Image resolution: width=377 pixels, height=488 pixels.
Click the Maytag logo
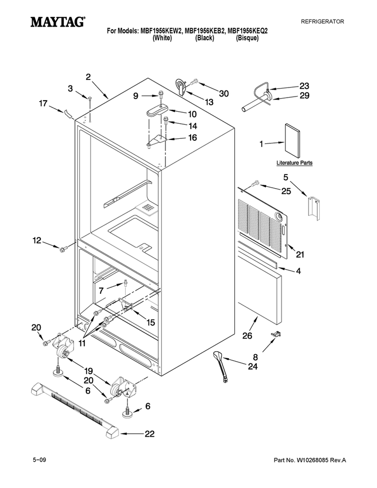pyautogui.click(x=58, y=22)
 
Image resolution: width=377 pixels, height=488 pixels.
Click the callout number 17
pyautogui.click(x=43, y=103)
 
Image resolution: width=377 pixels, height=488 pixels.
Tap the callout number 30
pyautogui.click(x=224, y=94)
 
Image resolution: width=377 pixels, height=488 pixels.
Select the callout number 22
pyautogui.click(x=150, y=434)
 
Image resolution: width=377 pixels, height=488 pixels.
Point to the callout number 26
pyautogui.click(x=247, y=336)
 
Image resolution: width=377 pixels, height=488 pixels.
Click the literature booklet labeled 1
pyautogui.click(x=293, y=141)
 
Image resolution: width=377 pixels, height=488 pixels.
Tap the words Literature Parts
pyautogui.click(x=294, y=163)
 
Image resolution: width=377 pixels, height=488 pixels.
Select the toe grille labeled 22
pyautogui.click(x=75, y=412)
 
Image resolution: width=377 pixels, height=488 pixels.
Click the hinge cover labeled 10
pyautogui.click(x=157, y=111)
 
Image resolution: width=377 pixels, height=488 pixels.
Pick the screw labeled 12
pyautogui.click(x=64, y=249)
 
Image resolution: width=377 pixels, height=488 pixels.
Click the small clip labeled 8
pyautogui.click(x=276, y=334)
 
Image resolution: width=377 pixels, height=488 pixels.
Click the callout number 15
pyautogui.click(x=151, y=323)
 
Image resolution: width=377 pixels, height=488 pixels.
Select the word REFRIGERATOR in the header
pyautogui.click(x=322, y=22)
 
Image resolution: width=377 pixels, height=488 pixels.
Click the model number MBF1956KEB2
pyautogui.click(x=205, y=31)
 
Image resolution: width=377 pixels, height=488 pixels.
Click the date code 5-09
pyautogui.click(x=40, y=460)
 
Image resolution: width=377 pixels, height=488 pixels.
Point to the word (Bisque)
pyautogui.click(x=247, y=38)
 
